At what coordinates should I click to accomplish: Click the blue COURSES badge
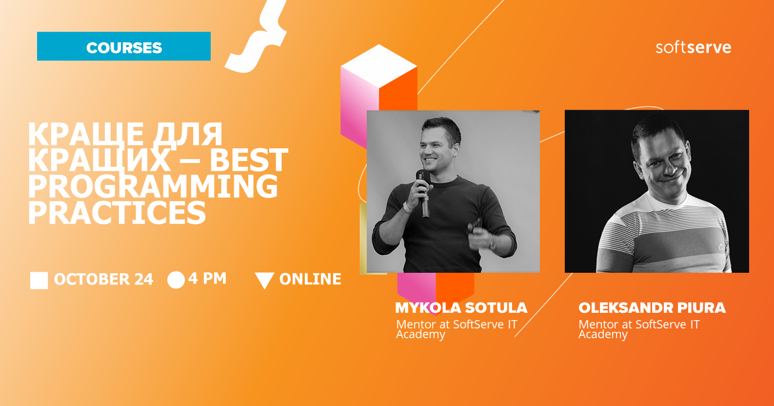tap(124, 46)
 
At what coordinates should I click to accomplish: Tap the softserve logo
tap(693, 47)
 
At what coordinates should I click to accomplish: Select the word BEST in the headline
tap(249, 160)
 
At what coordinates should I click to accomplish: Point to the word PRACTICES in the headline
tap(117, 213)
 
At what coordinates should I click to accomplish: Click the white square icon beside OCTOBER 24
tap(39, 281)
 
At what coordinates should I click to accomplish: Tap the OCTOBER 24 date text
tap(103, 280)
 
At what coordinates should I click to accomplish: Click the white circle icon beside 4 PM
tap(176, 280)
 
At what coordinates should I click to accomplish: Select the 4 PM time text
tap(207, 278)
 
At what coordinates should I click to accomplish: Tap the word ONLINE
tap(310, 280)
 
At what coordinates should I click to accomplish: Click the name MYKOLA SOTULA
tap(461, 308)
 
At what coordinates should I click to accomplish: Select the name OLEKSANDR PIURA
tap(652, 308)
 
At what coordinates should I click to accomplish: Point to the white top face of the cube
tap(379, 66)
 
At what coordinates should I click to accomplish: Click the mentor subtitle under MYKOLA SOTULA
tap(456, 329)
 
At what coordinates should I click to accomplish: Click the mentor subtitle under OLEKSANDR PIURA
tap(639, 329)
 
